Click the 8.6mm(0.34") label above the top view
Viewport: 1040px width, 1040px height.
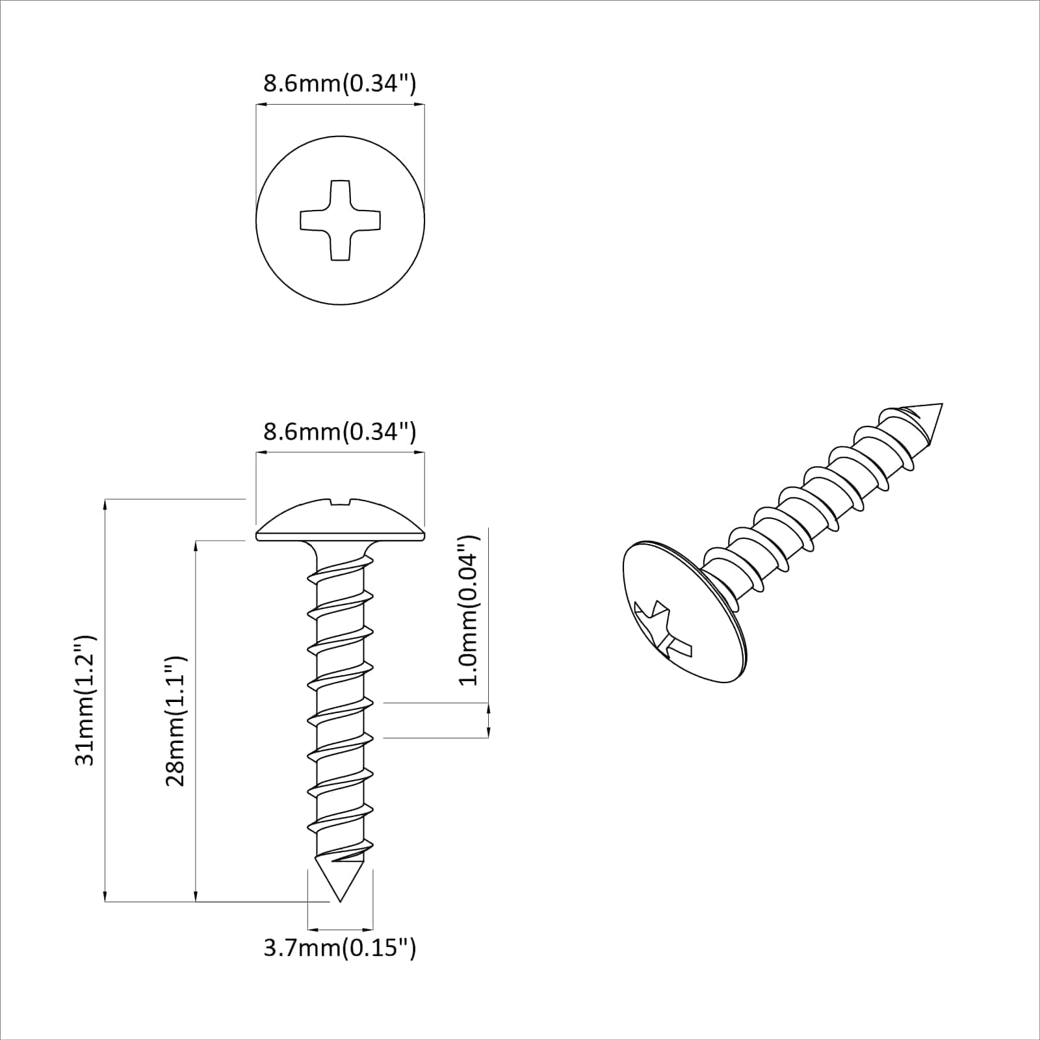click(339, 84)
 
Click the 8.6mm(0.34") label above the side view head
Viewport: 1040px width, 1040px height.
click(339, 432)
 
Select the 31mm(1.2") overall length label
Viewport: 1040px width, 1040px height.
click(85, 700)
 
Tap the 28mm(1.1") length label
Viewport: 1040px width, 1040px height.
click(175, 721)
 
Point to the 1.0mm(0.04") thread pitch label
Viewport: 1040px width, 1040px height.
click(468, 610)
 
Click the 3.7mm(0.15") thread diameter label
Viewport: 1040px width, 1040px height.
click(339, 948)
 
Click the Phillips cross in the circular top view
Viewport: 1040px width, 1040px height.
click(340, 220)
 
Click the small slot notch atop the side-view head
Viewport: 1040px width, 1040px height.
click(340, 501)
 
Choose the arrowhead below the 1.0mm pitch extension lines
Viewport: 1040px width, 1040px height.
click(488, 732)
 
